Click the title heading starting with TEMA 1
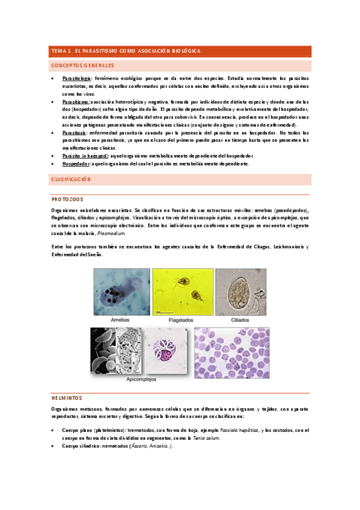pyautogui.click(x=126, y=51)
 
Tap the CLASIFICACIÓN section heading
pyautogui.click(x=70, y=179)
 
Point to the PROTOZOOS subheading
pyautogui.click(x=67, y=199)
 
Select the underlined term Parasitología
pyautogui.click(x=77, y=79)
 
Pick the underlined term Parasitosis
pyautogui.click(x=75, y=132)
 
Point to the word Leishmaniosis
pyautogui.click(x=289, y=247)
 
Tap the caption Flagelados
pyautogui.click(x=184, y=322)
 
